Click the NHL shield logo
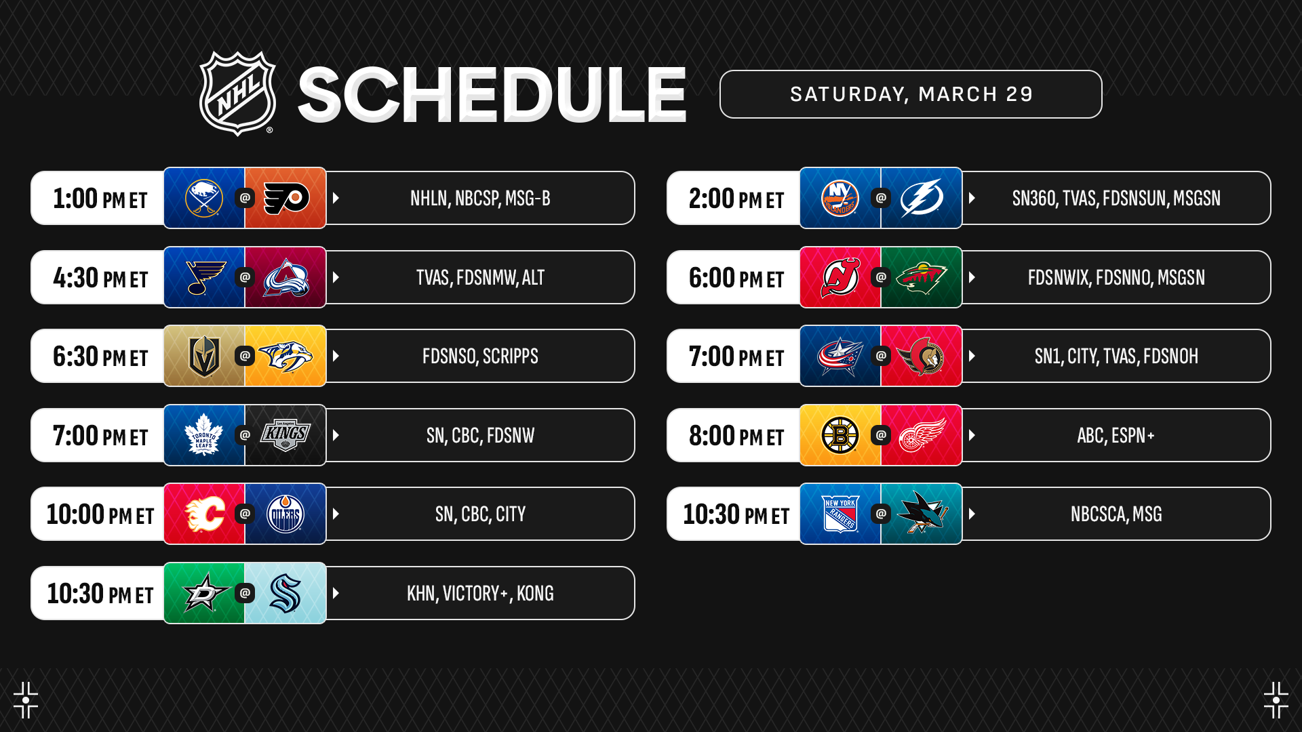coord(237,94)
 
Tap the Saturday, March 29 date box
coord(911,94)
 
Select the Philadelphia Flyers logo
coord(286,198)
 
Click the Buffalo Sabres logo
coord(204,198)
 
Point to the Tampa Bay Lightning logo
coord(922,198)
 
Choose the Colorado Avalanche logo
coord(286,277)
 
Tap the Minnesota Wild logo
coord(922,277)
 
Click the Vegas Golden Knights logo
coord(204,356)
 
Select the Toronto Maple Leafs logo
coord(204,435)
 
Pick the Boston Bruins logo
coord(840,435)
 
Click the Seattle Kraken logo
coord(285,593)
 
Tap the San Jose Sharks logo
coord(922,513)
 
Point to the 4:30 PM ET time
coord(100,278)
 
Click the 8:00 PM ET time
coord(736,436)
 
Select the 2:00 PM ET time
coord(736,199)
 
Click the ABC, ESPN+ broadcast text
coord(1116,435)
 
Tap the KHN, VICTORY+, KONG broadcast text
coord(480,593)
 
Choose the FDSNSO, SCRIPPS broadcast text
coord(480,356)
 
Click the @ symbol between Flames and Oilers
coord(245,514)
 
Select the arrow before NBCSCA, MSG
coord(972,514)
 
